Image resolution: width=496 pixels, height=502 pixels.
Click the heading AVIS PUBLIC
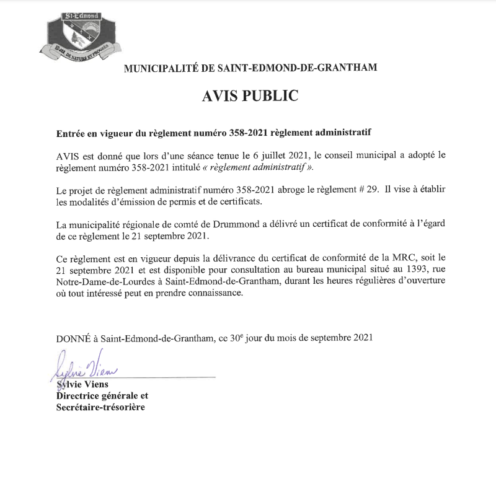(250, 96)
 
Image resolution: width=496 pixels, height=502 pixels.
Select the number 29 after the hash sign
(371, 191)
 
